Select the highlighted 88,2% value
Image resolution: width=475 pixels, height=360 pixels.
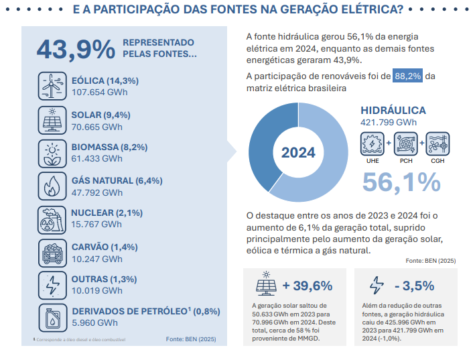pyautogui.click(x=408, y=76)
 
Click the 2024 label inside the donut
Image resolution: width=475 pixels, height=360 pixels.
pyautogui.click(x=298, y=152)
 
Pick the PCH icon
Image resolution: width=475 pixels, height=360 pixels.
pyautogui.click(x=405, y=143)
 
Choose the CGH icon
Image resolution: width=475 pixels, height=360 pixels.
pyautogui.click(x=437, y=143)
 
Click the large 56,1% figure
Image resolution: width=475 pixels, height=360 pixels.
pyautogui.click(x=401, y=182)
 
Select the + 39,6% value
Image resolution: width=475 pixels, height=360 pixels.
pyautogui.click(x=308, y=286)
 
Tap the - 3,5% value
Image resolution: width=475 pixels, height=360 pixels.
pyautogui.click(x=415, y=286)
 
